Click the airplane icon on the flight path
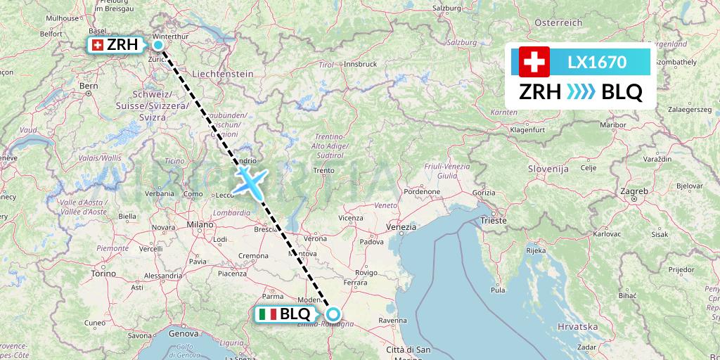250,181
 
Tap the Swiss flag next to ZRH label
97,46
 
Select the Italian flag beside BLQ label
268,314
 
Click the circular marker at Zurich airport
159,46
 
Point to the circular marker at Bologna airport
334,314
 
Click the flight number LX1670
597,62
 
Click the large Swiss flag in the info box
534,62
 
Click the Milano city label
200,224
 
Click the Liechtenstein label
222,73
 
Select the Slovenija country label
548,169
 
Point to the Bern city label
88,86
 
